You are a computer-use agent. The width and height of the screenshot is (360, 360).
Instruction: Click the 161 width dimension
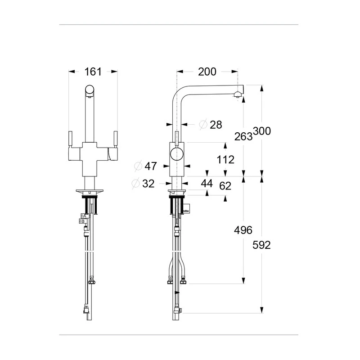(x=93, y=72)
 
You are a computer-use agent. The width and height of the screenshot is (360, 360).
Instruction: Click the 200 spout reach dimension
(x=207, y=72)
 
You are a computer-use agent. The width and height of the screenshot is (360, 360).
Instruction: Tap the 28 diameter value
(x=216, y=125)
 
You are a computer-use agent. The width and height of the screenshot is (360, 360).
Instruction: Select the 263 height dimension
(x=243, y=136)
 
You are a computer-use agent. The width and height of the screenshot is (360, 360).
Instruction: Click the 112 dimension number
(x=225, y=159)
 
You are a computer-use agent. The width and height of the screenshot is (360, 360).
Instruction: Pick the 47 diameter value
(x=151, y=166)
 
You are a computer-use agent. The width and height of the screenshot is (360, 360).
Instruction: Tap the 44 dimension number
(x=207, y=183)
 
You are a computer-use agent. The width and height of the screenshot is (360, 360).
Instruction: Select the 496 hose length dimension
(x=243, y=229)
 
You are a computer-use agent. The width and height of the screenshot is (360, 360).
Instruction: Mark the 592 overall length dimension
(x=261, y=245)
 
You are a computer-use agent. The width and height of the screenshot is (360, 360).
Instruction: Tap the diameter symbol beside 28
(x=202, y=125)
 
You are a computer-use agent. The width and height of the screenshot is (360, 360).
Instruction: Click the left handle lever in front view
(x=70, y=138)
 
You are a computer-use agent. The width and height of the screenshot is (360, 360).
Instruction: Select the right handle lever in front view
(x=116, y=138)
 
